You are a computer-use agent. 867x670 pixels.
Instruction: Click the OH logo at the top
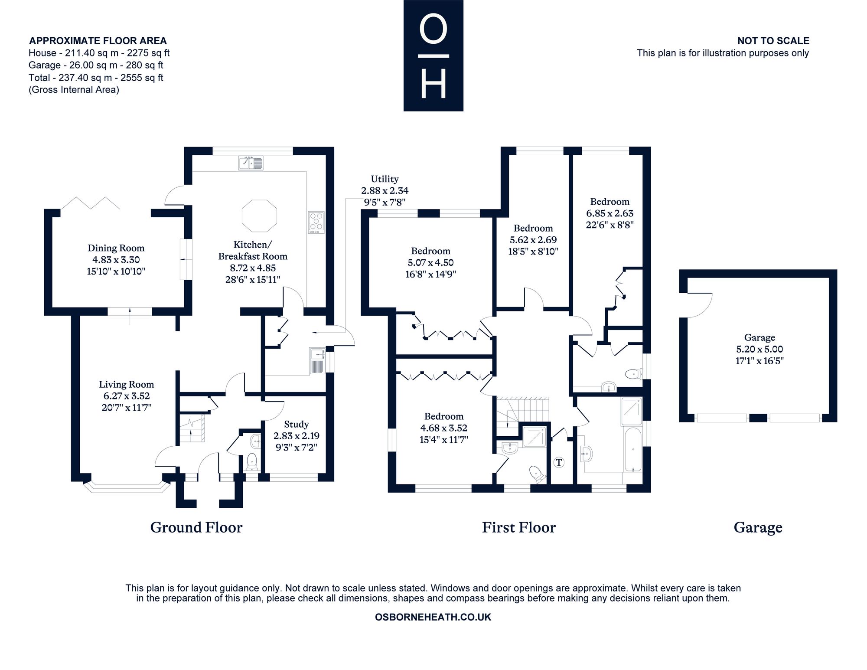(433, 56)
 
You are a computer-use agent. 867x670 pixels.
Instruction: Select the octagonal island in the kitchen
(259, 216)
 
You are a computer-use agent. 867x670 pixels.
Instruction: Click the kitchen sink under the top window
(251, 163)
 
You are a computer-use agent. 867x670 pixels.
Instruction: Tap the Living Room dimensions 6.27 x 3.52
(127, 396)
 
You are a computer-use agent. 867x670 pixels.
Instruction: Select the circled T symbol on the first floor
(559, 462)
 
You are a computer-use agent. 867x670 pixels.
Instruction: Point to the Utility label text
(385, 179)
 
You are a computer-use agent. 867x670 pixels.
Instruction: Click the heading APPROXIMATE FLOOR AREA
(98, 41)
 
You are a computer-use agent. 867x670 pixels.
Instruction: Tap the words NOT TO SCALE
(773, 41)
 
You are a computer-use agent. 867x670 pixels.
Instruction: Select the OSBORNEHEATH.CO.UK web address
(433, 617)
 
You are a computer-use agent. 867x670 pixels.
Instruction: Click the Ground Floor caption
(196, 527)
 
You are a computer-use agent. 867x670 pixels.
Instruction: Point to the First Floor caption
(519, 527)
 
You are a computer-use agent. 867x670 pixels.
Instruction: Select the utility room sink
(317, 361)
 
